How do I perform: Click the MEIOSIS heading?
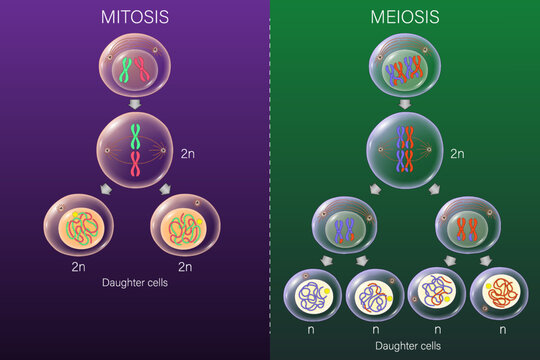(x=404, y=17)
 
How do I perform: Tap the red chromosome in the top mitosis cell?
(x=142, y=71)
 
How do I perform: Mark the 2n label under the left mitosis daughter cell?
(x=80, y=267)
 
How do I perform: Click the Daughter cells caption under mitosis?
(x=135, y=283)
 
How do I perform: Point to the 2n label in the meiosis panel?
(x=457, y=155)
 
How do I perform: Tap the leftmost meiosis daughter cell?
(x=312, y=294)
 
